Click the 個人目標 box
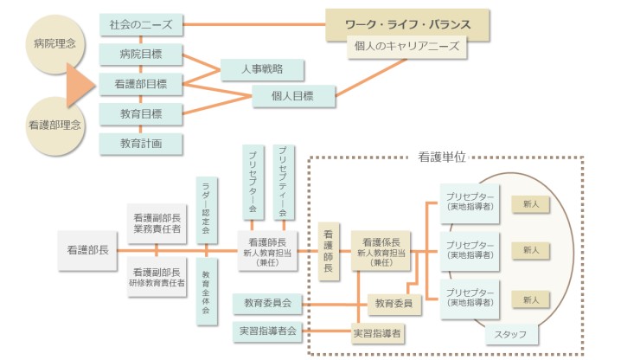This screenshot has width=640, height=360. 294,96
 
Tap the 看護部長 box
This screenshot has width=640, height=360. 87,249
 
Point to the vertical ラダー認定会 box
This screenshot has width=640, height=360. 206,208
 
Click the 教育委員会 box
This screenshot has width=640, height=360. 267,304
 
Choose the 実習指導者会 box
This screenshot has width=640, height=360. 267,331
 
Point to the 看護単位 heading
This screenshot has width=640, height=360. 442,157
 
